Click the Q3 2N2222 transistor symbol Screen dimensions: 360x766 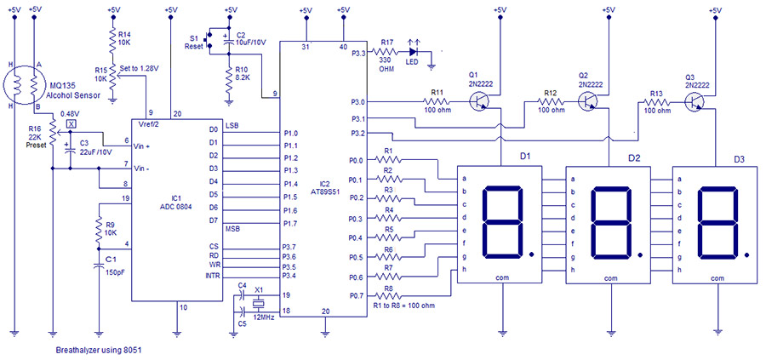(x=698, y=100)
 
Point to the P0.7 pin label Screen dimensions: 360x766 (x=357, y=295)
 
